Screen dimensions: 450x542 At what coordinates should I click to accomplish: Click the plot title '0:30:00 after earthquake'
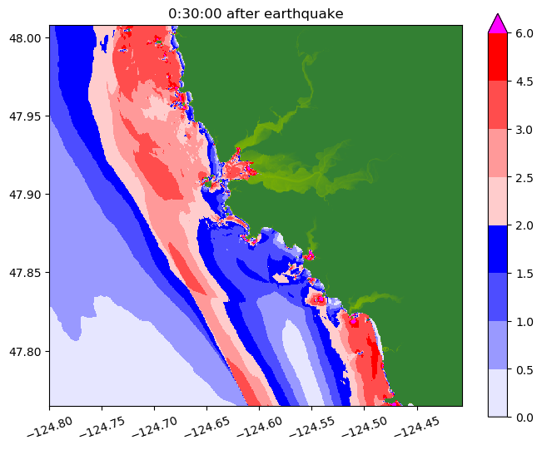click(256, 12)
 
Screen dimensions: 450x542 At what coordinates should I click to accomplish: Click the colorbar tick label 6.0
click(524, 32)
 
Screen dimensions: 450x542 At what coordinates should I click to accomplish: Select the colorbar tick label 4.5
click(524, 81)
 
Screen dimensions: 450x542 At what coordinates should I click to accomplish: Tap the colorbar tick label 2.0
click(524, 225)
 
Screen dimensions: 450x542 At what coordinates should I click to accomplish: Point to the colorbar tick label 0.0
click(524, 417)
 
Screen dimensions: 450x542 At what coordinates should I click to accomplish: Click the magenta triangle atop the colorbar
click(498, 23)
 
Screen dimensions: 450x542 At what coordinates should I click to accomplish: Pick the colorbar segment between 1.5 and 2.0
click(498, 249)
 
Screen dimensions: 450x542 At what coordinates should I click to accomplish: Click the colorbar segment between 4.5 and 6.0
click(498, 57)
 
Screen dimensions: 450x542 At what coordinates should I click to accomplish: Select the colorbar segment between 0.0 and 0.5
click(498, 393)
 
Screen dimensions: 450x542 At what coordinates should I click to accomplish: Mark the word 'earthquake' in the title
click(304, 12)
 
